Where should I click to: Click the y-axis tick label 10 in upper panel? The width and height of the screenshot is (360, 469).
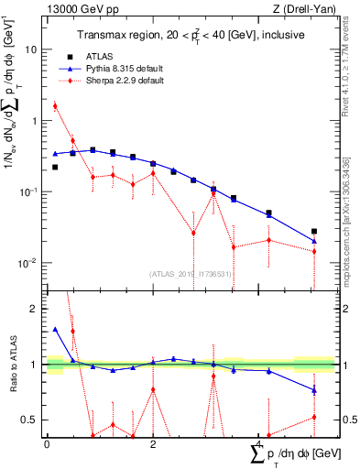[32, 49]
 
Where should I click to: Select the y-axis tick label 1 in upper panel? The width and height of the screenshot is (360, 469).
[36, 121]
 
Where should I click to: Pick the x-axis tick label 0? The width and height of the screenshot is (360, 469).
[47, 443]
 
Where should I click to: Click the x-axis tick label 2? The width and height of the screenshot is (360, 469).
[153, 443]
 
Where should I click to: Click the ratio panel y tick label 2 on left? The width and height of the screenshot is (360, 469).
[36, 310]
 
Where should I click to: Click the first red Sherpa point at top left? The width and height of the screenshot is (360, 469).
[55, 105]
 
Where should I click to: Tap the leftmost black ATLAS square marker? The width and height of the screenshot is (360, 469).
[55, 168]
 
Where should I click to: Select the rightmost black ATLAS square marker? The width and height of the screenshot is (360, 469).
[314, 232]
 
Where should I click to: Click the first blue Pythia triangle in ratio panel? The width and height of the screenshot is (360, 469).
[55, 330]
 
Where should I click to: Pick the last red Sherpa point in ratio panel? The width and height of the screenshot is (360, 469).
[314, 417]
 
